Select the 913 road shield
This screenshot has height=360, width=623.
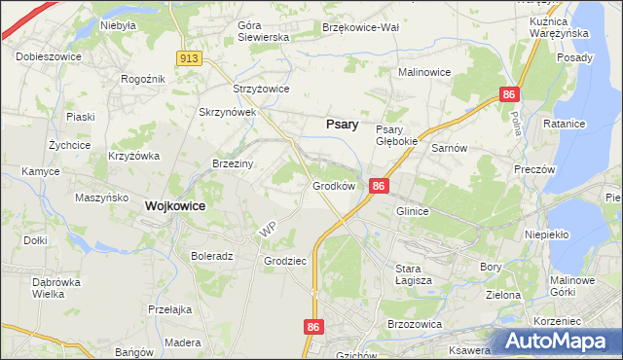190,59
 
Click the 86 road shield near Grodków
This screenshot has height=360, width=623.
380,186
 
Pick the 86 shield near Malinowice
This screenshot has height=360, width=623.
509,94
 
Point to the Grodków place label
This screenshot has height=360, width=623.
332,185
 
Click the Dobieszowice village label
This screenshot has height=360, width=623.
46,56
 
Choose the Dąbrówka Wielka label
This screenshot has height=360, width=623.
55,287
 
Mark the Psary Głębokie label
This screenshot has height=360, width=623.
396,135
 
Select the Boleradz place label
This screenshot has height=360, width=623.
212,257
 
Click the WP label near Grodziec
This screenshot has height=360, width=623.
270,232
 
